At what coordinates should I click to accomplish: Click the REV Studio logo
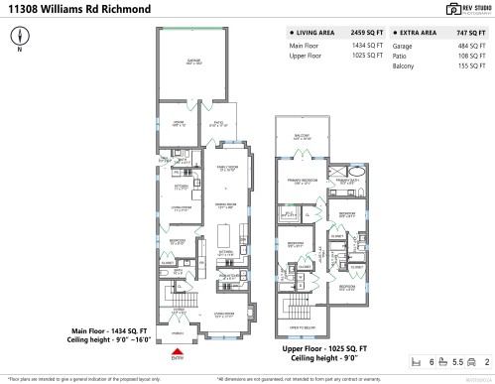[457, 9]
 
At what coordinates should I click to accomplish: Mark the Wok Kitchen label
[228, 275]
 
